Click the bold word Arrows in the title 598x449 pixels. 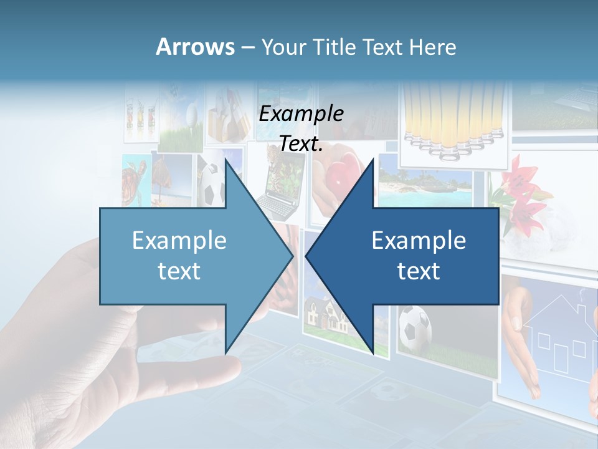pos(195,47)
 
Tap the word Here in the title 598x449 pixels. pos(432,47)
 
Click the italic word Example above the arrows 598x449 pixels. pos(301,113)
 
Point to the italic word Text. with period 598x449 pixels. pos(301,143)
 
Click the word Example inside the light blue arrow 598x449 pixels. pos(179,240)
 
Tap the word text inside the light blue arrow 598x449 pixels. pos(179,271)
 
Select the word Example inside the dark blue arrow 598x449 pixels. pos(419,240)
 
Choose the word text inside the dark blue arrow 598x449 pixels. pos(419,271)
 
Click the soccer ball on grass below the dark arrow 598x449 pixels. pos(414,328)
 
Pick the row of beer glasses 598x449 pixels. pos(452,118)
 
